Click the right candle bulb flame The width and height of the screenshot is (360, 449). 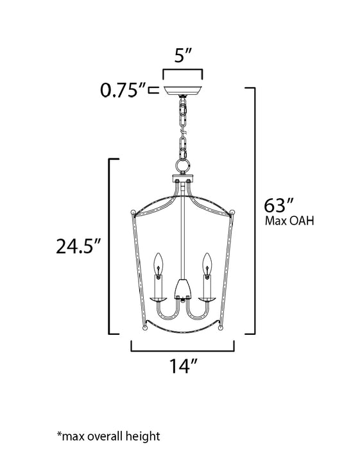pos(207,262)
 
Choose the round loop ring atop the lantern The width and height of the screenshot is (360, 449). pos(181,166)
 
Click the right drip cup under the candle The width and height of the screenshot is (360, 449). pos(207,298)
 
